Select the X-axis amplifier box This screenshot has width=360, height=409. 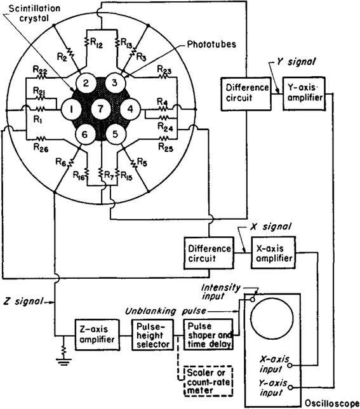274,251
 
